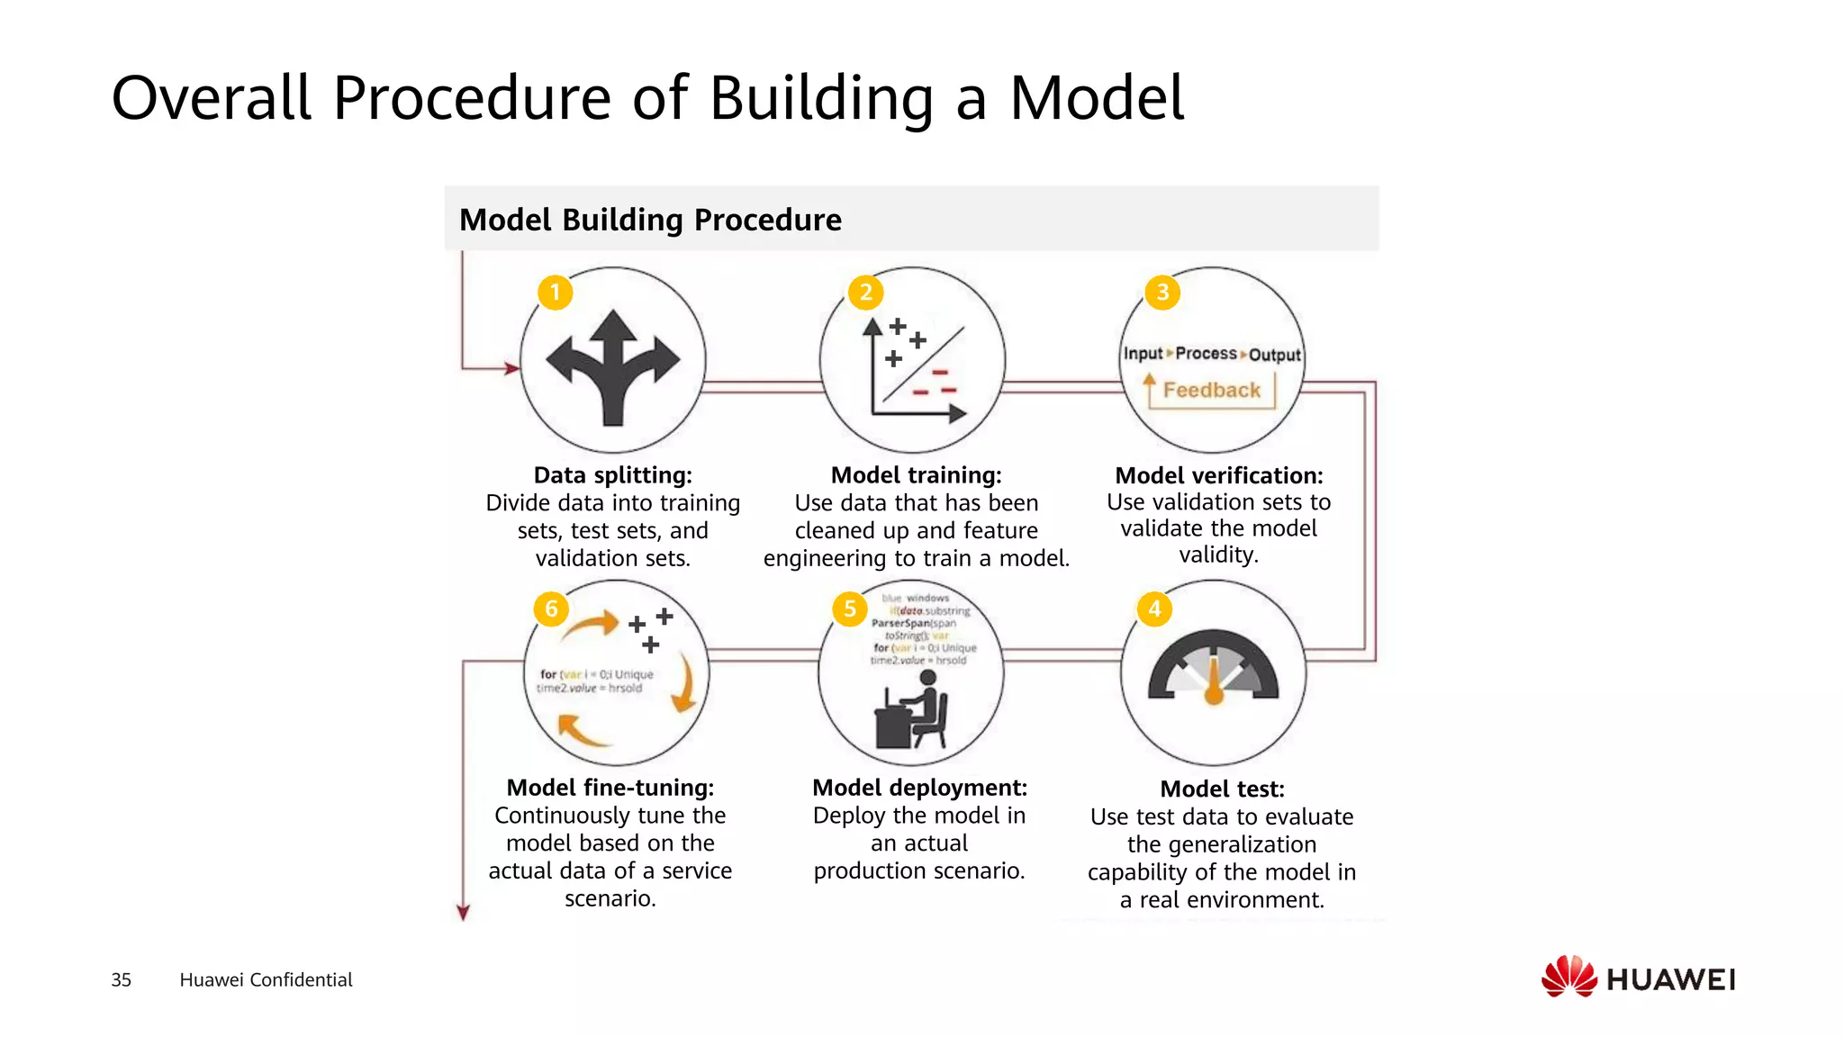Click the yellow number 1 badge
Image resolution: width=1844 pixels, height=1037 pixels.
point(556,293)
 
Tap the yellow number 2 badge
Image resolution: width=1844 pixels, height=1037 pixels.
point(865,293)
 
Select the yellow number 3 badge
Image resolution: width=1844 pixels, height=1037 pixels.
point(1162,293)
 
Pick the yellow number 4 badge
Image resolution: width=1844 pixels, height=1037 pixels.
point(1154,609)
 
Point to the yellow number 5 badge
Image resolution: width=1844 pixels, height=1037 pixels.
point(849,609)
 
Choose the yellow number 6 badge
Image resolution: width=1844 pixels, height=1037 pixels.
point(551,609)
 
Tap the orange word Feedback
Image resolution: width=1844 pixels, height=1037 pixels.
point(1211,390)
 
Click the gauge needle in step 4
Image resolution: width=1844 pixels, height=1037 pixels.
point(1214,680)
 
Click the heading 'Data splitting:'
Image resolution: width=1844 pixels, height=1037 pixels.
point(612,475)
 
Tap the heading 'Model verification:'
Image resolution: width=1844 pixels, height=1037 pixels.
point(1219,475)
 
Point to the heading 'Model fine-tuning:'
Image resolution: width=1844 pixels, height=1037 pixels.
point(610,788)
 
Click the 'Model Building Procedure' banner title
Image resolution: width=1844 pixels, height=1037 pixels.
point(650,220)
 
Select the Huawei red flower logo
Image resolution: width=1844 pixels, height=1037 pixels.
point(1568,978)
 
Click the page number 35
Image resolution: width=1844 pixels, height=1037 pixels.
point(121,979)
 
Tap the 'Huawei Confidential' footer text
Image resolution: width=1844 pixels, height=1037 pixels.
point(266,979)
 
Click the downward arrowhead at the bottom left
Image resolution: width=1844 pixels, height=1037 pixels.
point(463,913)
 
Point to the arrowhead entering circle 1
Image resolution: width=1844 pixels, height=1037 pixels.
point(511,367)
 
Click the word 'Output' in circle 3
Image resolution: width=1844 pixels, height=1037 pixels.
point(1274,355)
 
